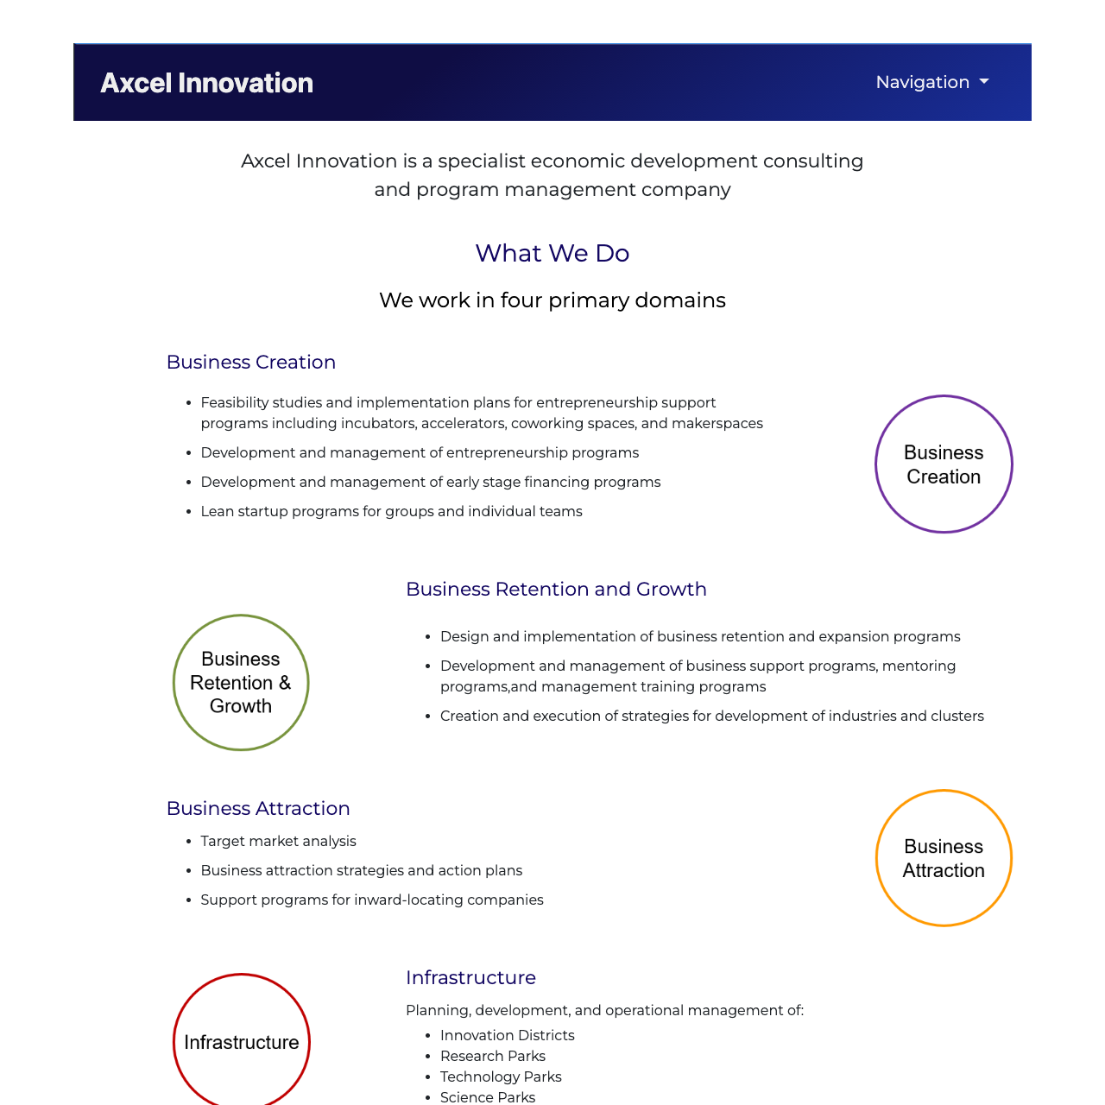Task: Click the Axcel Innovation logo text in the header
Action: [x=206, y=83]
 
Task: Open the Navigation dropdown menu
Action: [x=931, y=82]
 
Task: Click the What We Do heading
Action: [x=552, y=253]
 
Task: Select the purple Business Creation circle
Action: [x=944, y=464]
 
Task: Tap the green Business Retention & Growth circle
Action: [x=241, y=683]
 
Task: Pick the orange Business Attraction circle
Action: [x=944, y=858]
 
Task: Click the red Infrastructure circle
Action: [x=242, y=1042]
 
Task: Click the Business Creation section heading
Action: [x=251, y=363]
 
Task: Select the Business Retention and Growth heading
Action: [x=556, y=590]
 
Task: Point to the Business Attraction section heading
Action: [x=258, y=809]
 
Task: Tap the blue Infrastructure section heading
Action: [x=470, y=978]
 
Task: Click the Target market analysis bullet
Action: [x=278, y=842]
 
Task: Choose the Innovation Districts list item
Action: [x=507, y=1036]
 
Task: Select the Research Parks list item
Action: [x=492, y=1057]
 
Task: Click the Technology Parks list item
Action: [x=501, y=1077]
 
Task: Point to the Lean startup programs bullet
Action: [x=391, y=512]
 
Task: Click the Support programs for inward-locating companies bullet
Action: [x=372, y=900]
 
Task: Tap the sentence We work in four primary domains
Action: [x=552, y=300]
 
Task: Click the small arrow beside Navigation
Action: [x=984, y=82]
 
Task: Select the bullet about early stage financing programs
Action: [x=430, y=483]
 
